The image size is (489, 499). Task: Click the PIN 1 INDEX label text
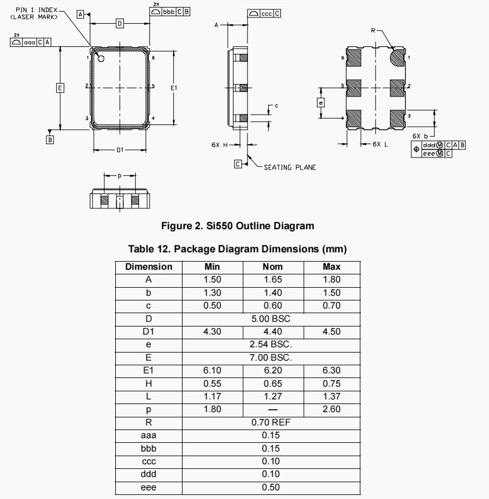(37, 10)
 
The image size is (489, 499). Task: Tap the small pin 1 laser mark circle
(101, 58)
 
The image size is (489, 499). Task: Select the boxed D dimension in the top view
(119, 24)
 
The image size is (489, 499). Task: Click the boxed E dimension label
(60, 88)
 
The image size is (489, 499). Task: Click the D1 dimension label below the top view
(119, 151)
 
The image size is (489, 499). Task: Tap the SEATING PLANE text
(290, 167)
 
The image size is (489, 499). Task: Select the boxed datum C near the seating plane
(238, 164)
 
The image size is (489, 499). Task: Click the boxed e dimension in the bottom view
(320, 103)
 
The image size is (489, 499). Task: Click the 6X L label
(380, 144)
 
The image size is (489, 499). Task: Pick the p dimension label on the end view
(119, 175)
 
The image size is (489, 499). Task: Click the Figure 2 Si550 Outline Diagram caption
(237, 226)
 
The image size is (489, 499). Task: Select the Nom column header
(272, 267)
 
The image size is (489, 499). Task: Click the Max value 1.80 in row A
(331, 280)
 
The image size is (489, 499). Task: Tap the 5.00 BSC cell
(271, 319)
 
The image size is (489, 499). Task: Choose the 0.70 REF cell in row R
(271, 423)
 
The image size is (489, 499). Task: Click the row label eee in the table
(149, 487)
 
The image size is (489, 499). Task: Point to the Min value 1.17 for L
(212, 397)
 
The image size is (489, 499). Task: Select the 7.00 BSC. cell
(271, 358)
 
